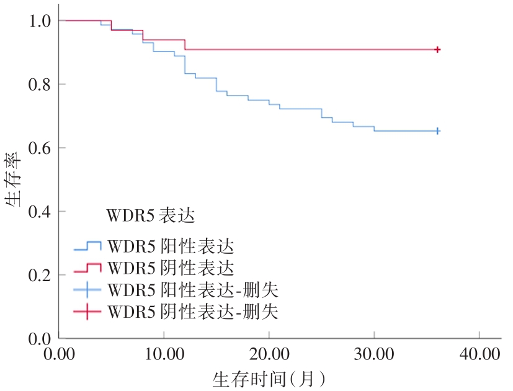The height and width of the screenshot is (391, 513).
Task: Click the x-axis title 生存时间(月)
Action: click(269, 379)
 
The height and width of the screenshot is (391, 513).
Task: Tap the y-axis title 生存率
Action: click(17, 180)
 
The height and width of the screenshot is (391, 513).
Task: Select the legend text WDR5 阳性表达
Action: click(171, 247)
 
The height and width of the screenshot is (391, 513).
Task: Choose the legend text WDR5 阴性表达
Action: click(171, 269)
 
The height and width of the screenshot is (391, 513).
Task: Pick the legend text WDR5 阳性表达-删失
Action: click(193, 290)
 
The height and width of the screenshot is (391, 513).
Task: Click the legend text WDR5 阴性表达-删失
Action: click(193, 312)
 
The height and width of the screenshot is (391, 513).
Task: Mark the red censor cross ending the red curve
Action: click(437, 49)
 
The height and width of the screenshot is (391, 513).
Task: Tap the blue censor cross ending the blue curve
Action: click(437, 131)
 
